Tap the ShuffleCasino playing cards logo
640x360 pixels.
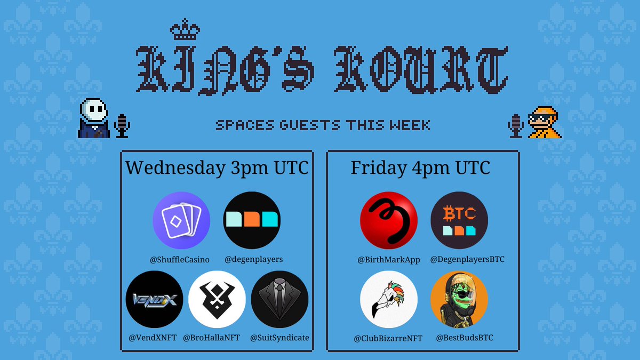181,220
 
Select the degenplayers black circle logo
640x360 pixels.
252,220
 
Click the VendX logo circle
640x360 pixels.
154,299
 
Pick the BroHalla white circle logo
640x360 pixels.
217,299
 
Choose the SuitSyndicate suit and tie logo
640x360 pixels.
279,299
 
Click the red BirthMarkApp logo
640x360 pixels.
389,220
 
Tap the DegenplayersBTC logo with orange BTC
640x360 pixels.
459,220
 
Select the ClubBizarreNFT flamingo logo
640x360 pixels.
389,299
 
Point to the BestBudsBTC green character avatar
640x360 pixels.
459,299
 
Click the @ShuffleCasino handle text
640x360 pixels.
179,260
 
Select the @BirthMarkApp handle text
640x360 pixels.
389,260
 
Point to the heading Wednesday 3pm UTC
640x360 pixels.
217,168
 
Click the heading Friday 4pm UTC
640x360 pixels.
420,168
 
